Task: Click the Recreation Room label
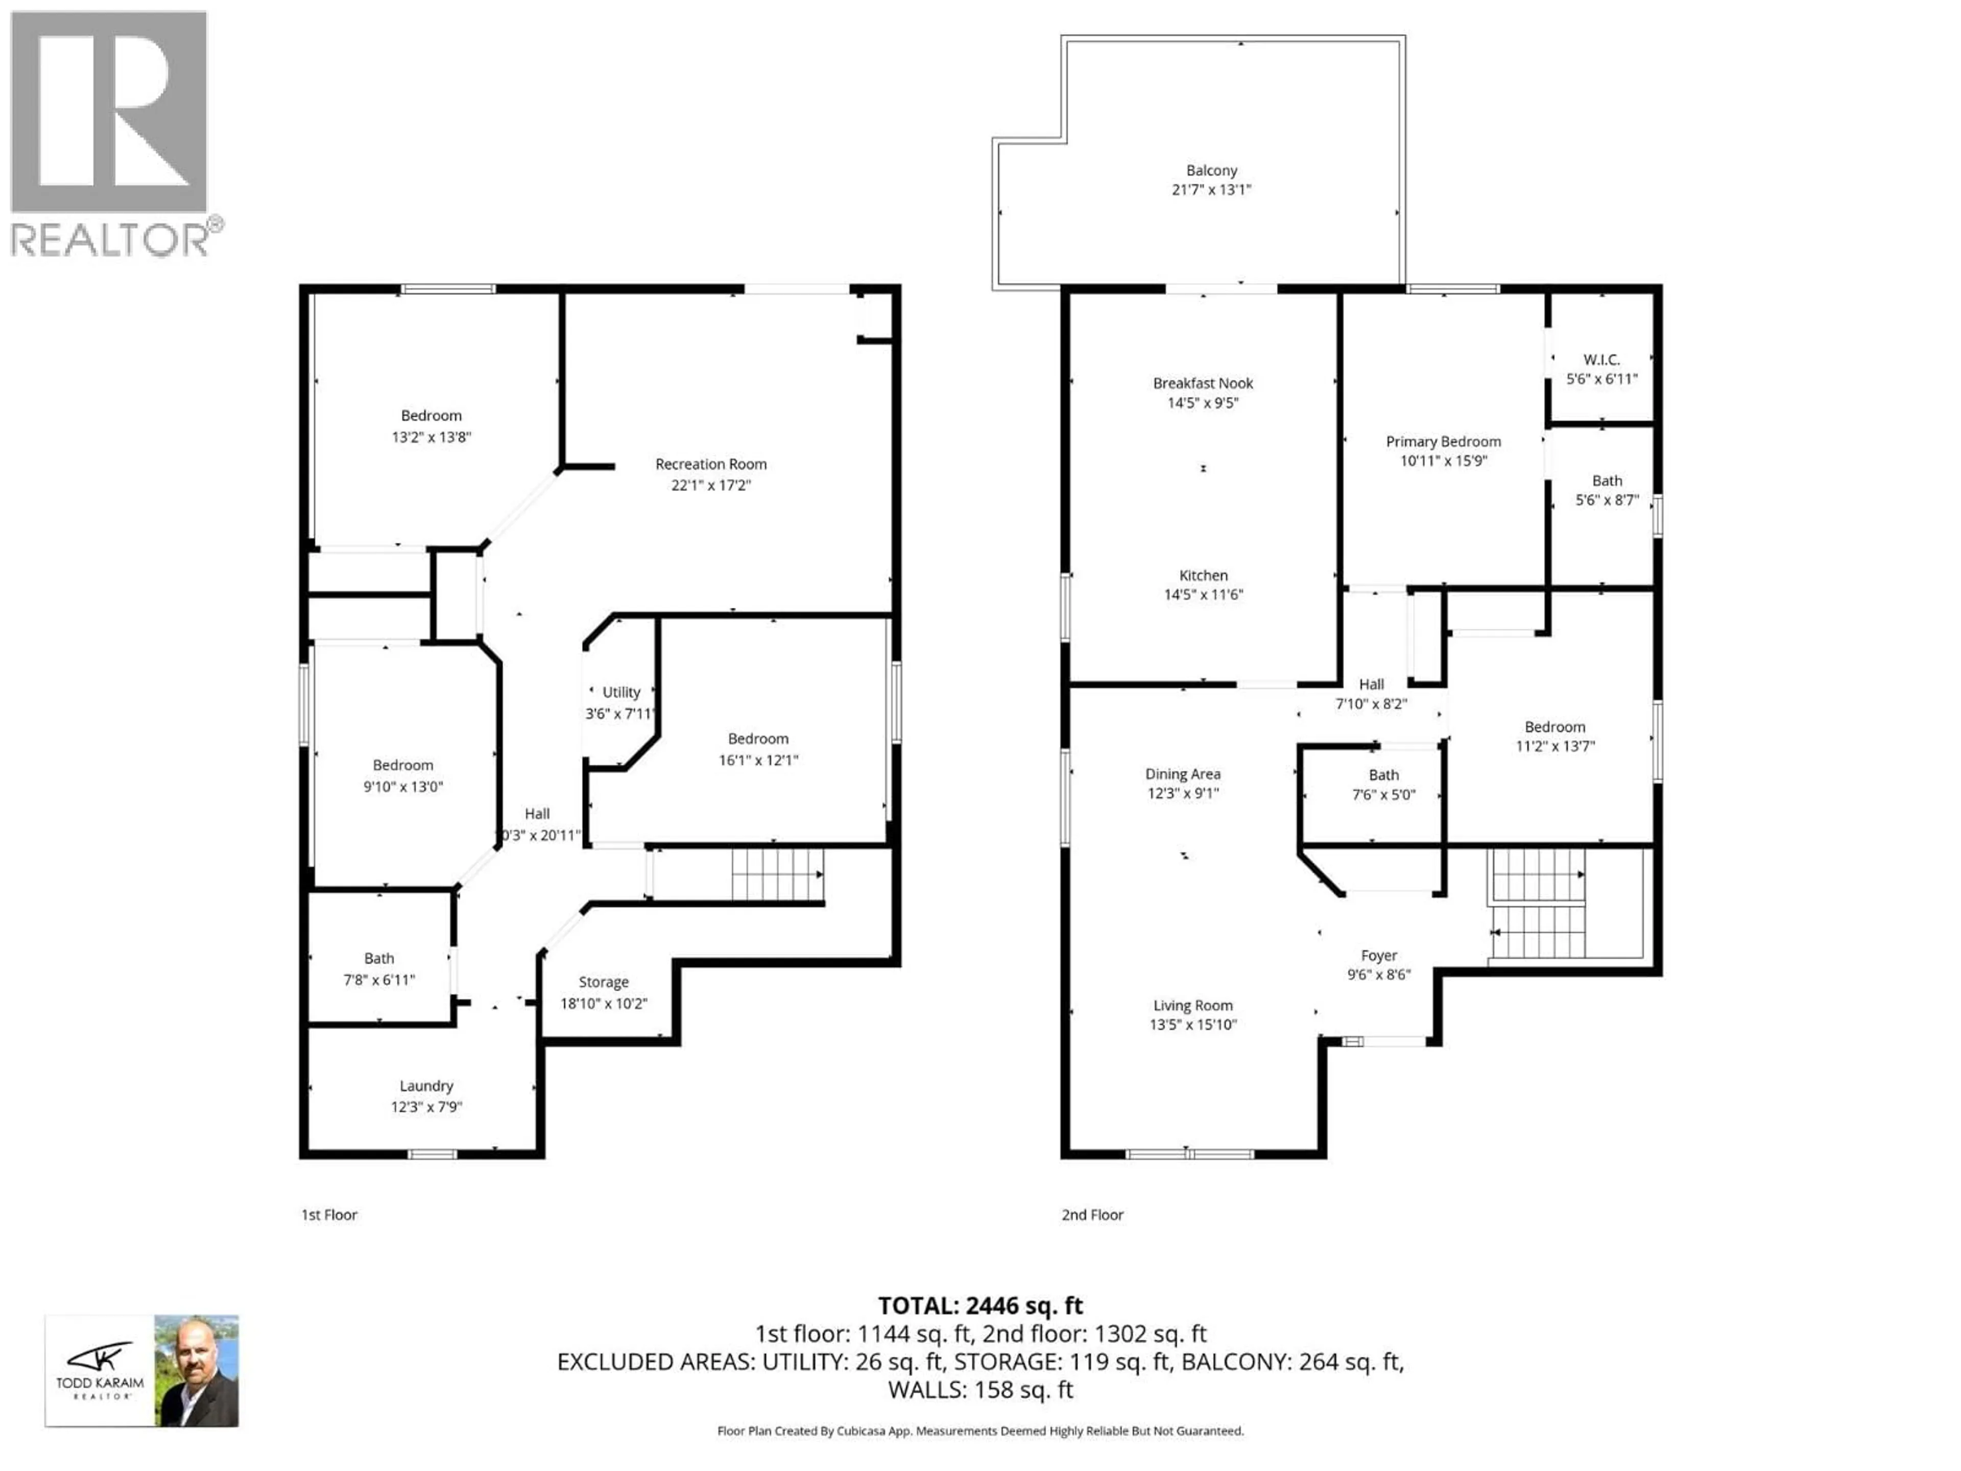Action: point(710,464)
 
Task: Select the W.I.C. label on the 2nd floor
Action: point(1601,359)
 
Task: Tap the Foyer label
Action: point(1378,955)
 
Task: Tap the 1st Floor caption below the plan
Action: point(329,1215)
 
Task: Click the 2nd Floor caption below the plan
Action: point(1092,1215)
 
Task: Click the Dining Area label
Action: point(1183,774)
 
